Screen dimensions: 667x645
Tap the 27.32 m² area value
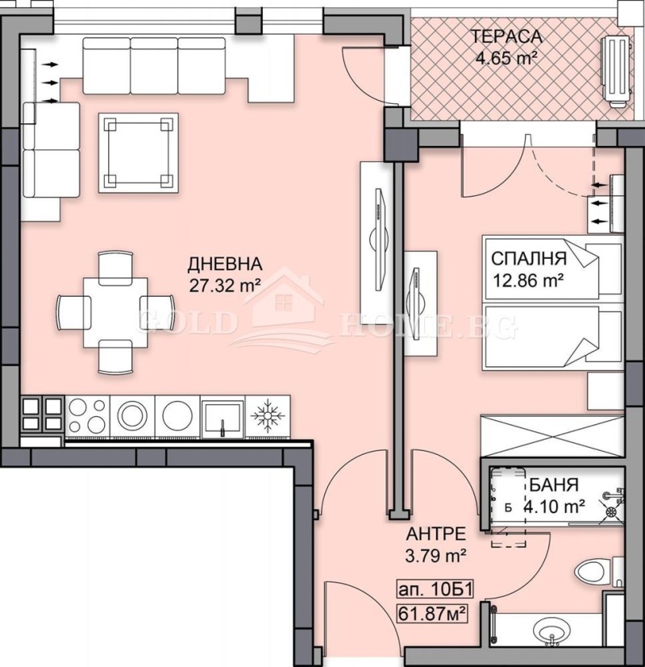point(224,285)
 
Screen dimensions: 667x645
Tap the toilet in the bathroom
point(597,572)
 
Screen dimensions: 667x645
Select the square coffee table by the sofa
point(138,152)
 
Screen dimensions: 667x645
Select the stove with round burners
point(84,417)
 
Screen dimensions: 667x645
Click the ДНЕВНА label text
point(224,265)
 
